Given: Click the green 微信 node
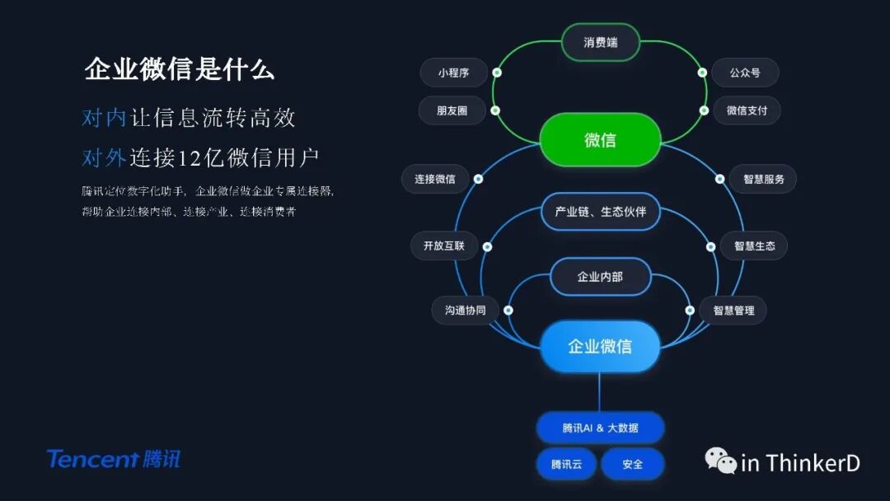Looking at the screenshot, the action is click(x=600, y=140).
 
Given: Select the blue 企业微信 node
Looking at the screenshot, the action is click(x=600, y=346).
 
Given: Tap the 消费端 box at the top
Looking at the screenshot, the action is click(x=601, y=42).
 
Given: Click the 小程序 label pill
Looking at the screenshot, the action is click(x=453, y=73).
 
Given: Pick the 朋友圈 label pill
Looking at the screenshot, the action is click(x=452, y=110).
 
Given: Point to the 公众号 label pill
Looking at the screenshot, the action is click(x=745, y=73).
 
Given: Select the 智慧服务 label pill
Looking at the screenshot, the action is click(x=763, y=179).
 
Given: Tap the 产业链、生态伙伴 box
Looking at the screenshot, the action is click(x=601, y=212).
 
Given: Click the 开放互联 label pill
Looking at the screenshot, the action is click(x=444, y=246).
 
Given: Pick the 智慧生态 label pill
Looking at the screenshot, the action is click(x=754, y=246).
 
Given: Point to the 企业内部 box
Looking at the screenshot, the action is click(x=600, y=277).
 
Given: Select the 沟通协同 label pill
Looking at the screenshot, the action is click(x=466, y=311).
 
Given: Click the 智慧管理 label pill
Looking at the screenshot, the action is click(x=733, y=311).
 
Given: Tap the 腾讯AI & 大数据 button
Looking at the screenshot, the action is click(x=600, y=428).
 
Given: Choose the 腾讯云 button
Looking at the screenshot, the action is click(x=567, y=464).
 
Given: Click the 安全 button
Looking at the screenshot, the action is click(x=633, y=464).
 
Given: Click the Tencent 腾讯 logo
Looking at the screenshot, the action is click(x=113, y=459).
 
